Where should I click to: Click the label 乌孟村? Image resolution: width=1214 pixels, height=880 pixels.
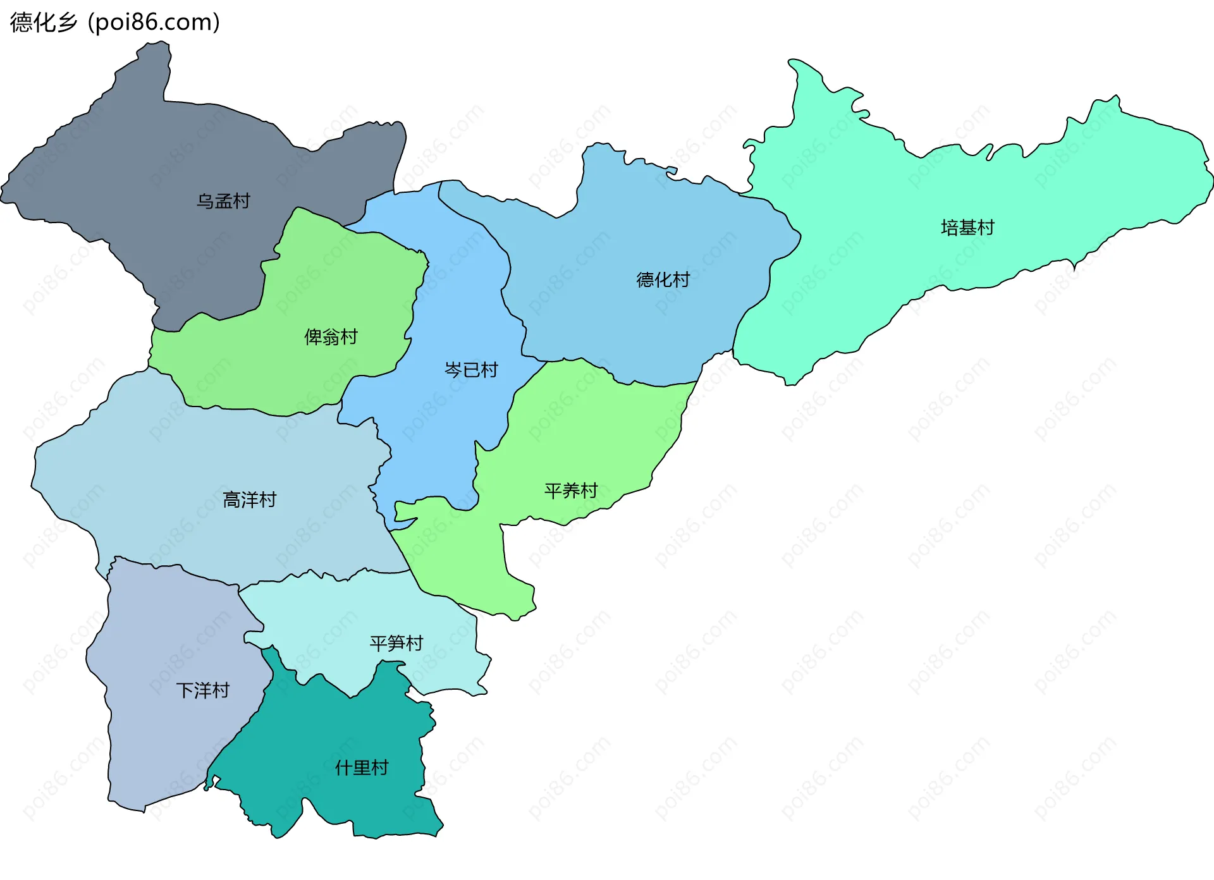click(x=223, y=201)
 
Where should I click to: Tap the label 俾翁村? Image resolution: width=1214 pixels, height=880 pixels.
click(x=331, y=337)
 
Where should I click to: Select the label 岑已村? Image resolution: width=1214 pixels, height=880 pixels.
click(x=471, y=370)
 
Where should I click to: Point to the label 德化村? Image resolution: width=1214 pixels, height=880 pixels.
click(x=663, y=279)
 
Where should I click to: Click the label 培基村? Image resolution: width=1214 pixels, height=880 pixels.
click(x=967, y=228)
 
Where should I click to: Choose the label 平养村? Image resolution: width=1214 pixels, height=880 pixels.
click(x=571, y=491)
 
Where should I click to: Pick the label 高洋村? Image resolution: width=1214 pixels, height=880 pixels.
click(x=249, y=500)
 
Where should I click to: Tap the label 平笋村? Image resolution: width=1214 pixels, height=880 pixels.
click(x=396, y=644)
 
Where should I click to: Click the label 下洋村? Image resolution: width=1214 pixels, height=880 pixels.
click(x=202, y=690)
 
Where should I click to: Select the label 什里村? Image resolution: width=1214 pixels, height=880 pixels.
click(x=361, y=768)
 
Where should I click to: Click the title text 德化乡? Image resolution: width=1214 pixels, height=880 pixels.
click(x=43, y=22)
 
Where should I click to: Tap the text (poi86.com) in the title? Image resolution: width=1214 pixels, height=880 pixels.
click(x=154, y=22)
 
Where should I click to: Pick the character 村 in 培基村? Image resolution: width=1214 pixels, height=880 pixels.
click(x=986, y=228)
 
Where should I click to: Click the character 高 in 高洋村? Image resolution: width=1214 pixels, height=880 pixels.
click(x=231, y=500)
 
